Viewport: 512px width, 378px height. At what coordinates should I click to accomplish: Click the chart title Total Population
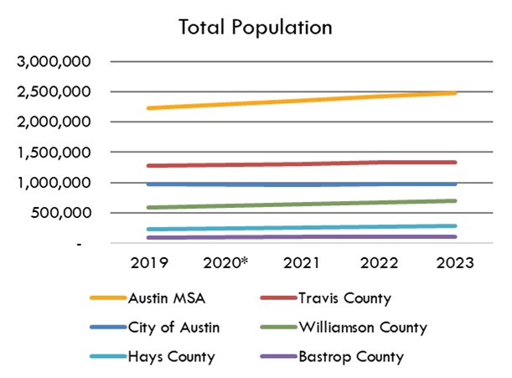pos(256,27)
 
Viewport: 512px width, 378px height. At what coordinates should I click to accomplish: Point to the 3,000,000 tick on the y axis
pos(58,62)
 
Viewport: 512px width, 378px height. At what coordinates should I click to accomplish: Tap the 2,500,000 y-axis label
pos(58,92)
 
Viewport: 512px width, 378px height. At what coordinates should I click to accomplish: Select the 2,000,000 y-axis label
pos(58,122)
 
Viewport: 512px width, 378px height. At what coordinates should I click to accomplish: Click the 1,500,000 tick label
pos(58,153)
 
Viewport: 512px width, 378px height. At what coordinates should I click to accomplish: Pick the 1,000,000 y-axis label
pos(58,183)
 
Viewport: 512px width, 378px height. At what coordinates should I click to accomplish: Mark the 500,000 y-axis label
pos(67,213)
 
